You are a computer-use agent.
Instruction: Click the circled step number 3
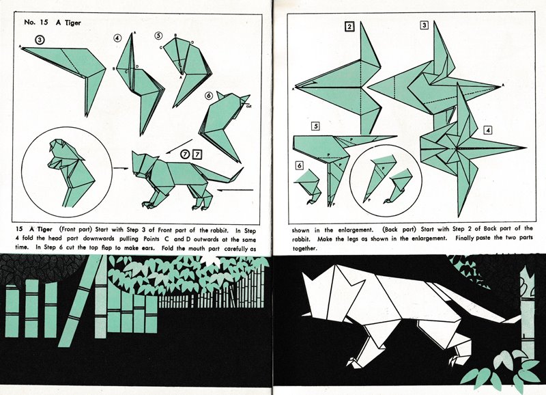click(40, 40)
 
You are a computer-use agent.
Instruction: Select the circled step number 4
click(117, 38)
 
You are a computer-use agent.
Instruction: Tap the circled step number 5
click(159, 36)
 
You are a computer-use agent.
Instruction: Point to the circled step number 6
click(209, 96)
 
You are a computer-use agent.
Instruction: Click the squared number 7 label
click(197, 154)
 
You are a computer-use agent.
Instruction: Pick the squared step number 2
click(349, 27)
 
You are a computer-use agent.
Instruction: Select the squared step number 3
click(424, 25)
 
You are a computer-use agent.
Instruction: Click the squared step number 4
click(488, 131)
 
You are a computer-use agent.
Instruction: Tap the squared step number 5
click(315, 126)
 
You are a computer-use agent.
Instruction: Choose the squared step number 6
click(300, 165)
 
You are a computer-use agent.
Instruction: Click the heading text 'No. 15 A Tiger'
click(53, 23)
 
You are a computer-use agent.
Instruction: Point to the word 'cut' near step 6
click(248, 107)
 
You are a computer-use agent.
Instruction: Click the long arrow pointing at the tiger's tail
click(235, 190)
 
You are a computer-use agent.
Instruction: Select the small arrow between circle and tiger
click(121, 168)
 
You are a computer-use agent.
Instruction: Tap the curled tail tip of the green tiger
click(240, 172)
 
